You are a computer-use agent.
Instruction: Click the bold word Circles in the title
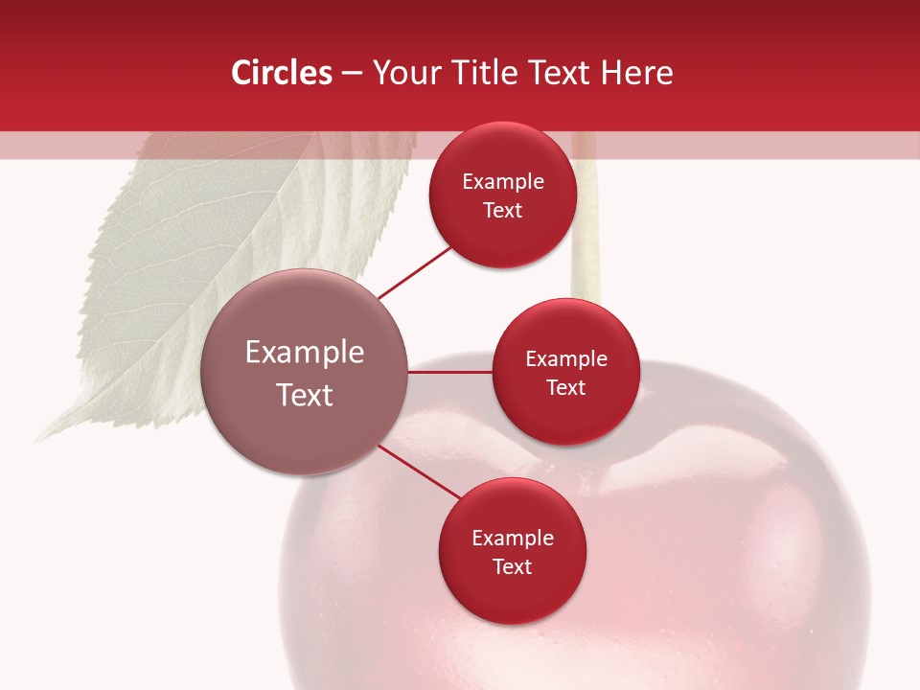tap(281, 73)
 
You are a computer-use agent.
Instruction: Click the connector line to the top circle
tap(414, 273)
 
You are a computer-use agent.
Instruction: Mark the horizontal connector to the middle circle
tap(450, 372)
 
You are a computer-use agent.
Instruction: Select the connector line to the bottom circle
tap(419, 472)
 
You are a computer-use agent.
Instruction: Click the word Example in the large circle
tap(305, 353)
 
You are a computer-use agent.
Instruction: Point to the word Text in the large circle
tap(305, 395)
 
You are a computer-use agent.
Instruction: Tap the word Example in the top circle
tap(503, 182)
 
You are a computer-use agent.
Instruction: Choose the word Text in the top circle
tap(502, 211)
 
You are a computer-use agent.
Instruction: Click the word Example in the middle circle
tap(566, 359)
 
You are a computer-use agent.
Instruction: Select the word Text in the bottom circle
tap(512, 567)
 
